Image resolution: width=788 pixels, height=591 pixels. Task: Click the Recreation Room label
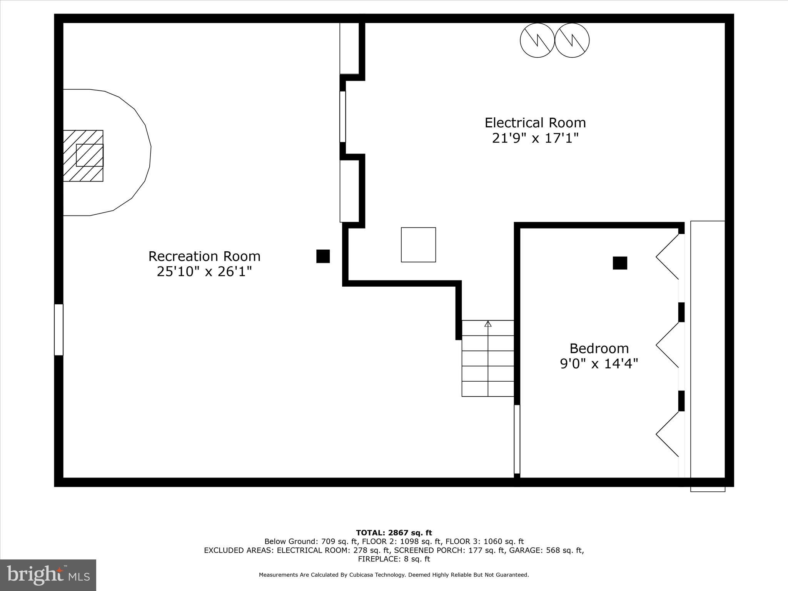click(204, 256)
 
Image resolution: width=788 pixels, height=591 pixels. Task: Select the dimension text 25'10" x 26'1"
click(204, 272)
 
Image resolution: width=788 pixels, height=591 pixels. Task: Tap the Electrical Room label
click(535, 123)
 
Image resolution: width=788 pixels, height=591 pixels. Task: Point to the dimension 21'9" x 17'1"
click(535, 138)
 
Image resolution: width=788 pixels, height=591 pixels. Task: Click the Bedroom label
click(599, 348)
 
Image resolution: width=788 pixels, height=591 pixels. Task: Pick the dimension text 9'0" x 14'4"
click(599, 364)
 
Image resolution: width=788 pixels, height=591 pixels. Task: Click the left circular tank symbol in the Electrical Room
click(537, 40)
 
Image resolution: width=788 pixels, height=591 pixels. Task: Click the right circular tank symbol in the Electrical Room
click(572, 40)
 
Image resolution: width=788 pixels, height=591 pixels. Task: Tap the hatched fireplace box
click(83, 155)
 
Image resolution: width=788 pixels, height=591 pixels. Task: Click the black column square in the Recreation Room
click(323, 256)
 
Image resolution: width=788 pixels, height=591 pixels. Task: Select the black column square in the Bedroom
click(620, 263)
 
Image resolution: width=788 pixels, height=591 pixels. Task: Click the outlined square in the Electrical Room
click(418, 245)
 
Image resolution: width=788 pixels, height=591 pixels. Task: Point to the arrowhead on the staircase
click(488, 324)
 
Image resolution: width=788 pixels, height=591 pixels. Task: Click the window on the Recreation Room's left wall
click(58, 329)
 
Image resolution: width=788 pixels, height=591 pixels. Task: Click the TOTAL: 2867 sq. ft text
click(394, 533)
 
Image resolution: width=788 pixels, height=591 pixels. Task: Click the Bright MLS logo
click(48, 575)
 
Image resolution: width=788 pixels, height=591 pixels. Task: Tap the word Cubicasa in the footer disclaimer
click(363, 575)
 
